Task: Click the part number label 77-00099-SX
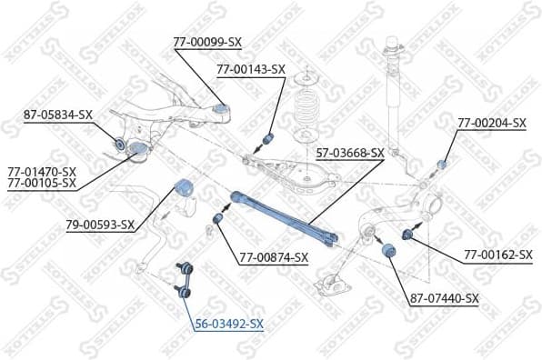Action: (207, 42)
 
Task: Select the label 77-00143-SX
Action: (251, 69)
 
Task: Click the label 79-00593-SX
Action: (100, 225)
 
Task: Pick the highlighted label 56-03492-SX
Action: (228, 323)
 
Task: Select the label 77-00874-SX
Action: (274, 258)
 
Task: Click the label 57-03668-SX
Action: (351, 153)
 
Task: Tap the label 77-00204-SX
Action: (492, 123)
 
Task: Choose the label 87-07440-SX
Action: (444, 298)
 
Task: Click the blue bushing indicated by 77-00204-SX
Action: (443, 164)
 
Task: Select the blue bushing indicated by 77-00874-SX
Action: (218, 219)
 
